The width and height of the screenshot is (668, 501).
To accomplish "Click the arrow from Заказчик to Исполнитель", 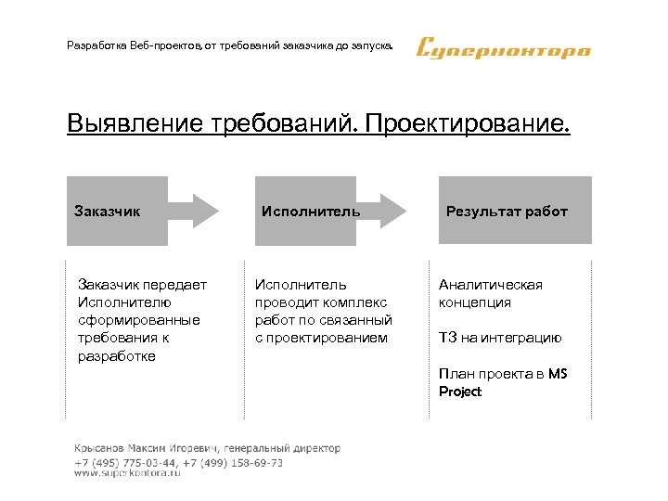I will [194, 211].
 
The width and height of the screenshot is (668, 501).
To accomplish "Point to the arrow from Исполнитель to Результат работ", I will [383, 211].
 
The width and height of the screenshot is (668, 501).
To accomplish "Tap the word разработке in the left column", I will [118, 355].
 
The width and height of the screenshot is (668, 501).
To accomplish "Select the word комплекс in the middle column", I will [357, 302].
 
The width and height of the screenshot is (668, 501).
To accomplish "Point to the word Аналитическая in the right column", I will [491, 285].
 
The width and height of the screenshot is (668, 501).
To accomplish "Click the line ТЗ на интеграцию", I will [500, 338].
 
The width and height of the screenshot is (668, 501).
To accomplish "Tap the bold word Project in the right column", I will [460, 392].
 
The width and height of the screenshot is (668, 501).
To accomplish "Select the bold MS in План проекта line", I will [557, 374].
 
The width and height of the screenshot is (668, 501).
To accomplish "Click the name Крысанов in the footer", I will [103, 448].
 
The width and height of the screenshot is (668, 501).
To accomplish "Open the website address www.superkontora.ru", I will [127, 473].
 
